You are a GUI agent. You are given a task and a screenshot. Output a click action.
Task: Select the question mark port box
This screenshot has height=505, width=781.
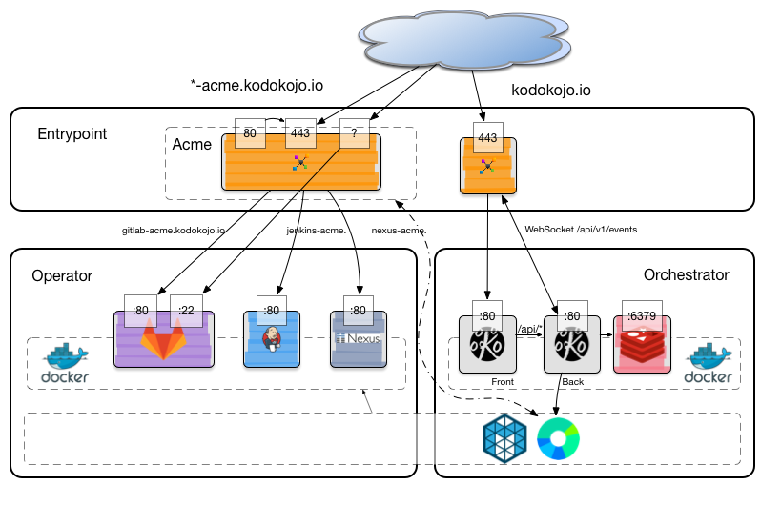(x=354, y=134)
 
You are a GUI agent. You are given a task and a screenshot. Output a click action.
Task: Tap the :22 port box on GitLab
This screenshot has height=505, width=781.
(x=186, y=310)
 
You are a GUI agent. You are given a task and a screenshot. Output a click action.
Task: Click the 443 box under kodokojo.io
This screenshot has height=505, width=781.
(x=487, y=137)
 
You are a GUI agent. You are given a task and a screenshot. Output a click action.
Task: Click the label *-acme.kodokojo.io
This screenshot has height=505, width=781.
(x=257, y=86)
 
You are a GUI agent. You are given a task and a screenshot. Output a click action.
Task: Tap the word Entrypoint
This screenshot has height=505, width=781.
(x=72, y=134)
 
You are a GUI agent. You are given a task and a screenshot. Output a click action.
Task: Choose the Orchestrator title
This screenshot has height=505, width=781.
(x=686, y=275)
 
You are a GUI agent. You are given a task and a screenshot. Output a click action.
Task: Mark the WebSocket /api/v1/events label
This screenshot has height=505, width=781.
(x=580, y=230)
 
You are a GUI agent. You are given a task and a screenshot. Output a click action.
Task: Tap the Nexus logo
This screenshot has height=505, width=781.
(x=358, y=339)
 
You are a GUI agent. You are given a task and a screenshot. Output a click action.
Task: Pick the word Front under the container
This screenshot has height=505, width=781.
(x=503, y=380)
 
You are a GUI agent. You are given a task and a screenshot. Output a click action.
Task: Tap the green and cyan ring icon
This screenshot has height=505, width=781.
(x=558, y=437)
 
